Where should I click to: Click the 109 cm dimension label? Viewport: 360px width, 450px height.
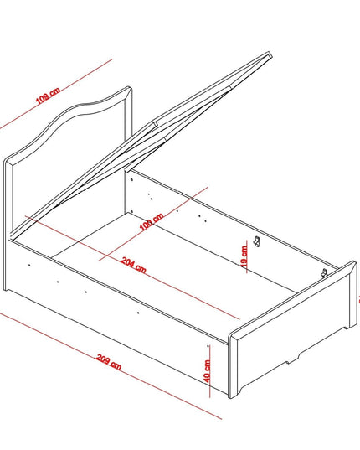(x=48, y=96)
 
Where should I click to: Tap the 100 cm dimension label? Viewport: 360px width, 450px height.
(x=152, y=221)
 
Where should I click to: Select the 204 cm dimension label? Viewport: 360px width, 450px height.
(x=134, y=265)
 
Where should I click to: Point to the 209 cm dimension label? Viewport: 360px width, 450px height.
(x=109, y=362)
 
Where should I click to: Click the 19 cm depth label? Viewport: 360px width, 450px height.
(x=244, y=256)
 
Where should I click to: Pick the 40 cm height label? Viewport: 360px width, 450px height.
(x=208, y=371)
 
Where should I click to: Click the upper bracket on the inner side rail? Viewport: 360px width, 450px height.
(x=257, y=241)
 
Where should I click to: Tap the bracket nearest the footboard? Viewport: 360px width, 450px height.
(x=324, y=272)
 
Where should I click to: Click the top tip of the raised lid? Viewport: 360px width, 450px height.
(x=270, y=54)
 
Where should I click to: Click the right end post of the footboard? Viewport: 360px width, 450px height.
(x=352, y=295)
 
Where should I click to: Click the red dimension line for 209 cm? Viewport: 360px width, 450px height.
(x=111, y=365)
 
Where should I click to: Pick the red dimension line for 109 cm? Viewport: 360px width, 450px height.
(x=56, y=94)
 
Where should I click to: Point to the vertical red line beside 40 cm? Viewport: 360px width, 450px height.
(x=209, y=371)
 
